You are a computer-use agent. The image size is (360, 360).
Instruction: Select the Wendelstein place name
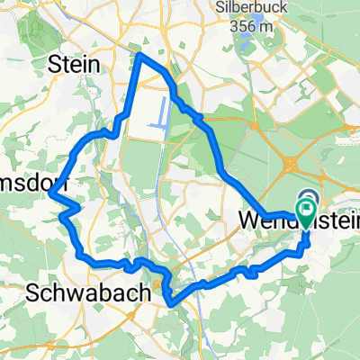coord(288,218)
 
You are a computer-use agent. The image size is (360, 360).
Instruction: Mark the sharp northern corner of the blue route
coord(139,55)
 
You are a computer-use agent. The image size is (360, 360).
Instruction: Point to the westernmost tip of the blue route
coord(51,194)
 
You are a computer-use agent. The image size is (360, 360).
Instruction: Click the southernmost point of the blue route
coord(170,303)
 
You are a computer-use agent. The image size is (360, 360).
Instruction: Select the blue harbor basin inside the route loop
coord(163,112)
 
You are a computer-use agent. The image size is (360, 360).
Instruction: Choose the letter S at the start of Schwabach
coord(33,292)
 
